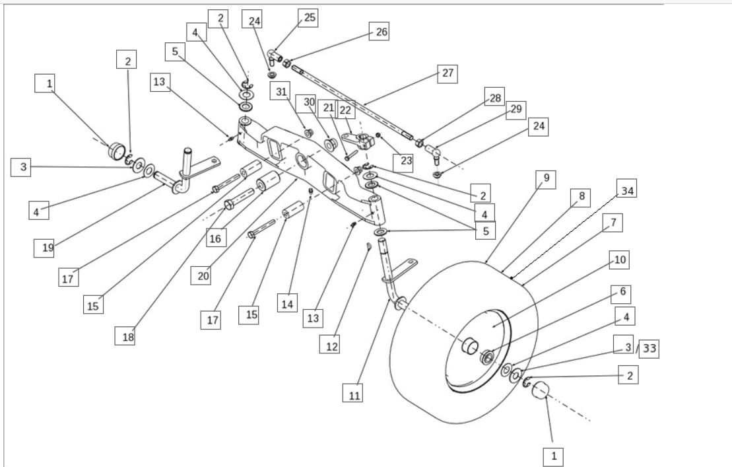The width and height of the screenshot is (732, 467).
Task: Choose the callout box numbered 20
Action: [201, 275]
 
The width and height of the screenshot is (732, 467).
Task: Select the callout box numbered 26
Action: [379, 32]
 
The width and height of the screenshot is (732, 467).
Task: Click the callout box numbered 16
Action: [215, 238]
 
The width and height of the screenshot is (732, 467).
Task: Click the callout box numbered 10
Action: [619, 260]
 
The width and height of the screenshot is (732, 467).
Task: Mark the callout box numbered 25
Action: [308, 18]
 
